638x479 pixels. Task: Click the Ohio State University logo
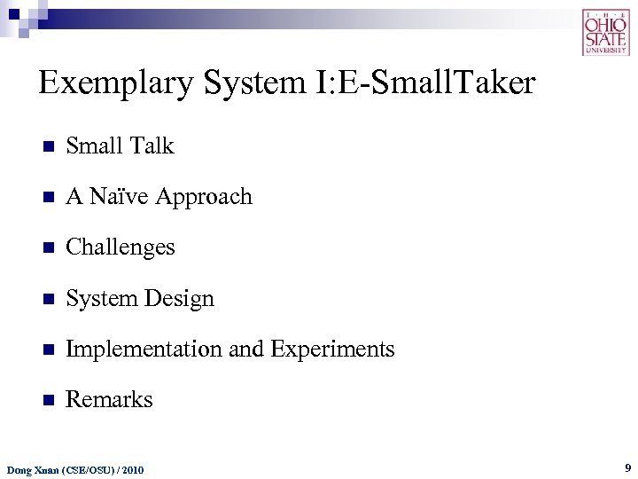tap(605, 33)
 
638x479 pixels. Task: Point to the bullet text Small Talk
tap(120, 145)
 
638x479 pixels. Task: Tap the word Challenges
tap(120, 247)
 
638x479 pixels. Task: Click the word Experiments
tap(332, 349)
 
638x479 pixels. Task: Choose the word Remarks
tap(109, 400)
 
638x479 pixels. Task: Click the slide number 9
tap(627, 467)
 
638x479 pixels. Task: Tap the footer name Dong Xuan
tap(29, 468)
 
